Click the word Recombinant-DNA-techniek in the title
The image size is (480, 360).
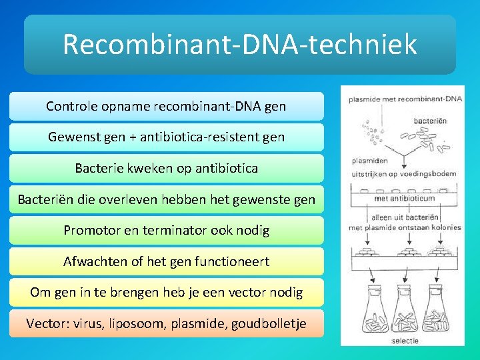(x=239, y=45)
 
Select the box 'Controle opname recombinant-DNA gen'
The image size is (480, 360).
(x=166, y=106)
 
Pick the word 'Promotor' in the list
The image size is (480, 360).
(x=91, y=231)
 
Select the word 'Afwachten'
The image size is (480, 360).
(x=94, y=261)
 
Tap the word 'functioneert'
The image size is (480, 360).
(x=231, y=261)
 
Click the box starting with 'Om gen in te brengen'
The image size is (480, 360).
(x=166, y=292)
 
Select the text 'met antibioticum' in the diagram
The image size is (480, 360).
(x=404, y=198)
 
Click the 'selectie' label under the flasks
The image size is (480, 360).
(x=405, y=341)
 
